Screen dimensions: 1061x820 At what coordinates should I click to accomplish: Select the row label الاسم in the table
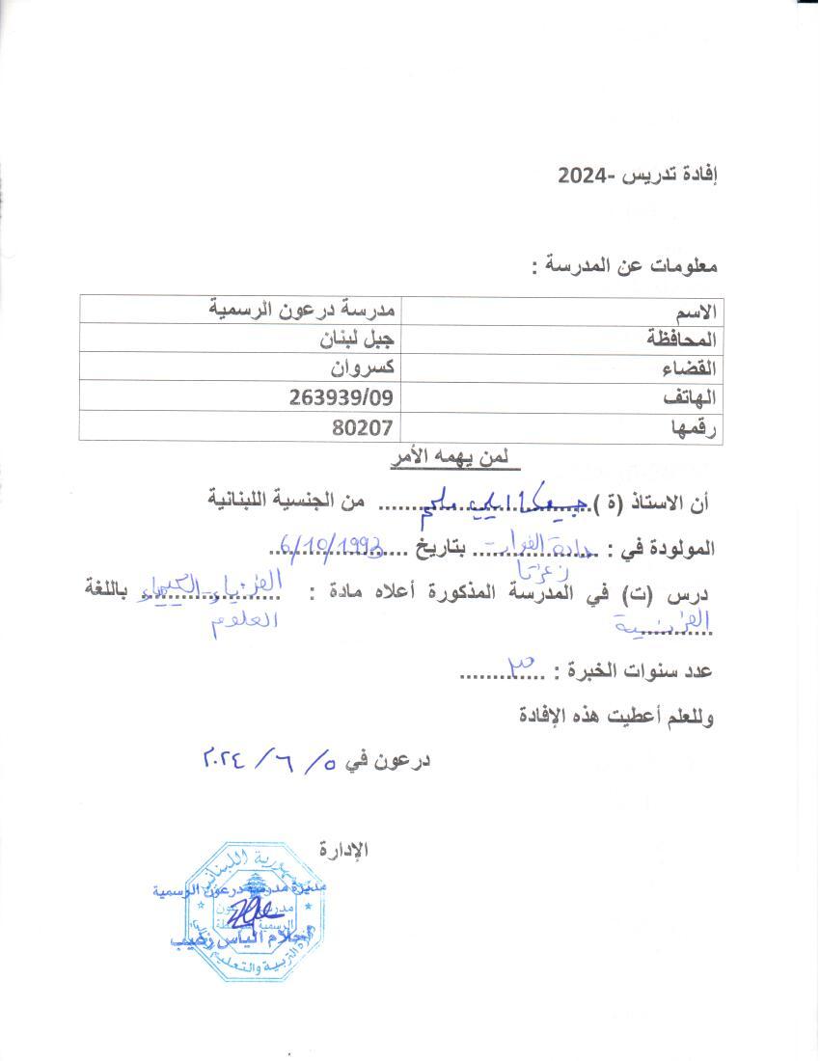[x=696, y=311]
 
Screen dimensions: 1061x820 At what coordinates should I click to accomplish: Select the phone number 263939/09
[x=342, y=396]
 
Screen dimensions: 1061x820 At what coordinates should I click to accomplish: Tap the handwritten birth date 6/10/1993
[x=334, y=547]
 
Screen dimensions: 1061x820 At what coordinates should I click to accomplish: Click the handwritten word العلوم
[x=241, y=620]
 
